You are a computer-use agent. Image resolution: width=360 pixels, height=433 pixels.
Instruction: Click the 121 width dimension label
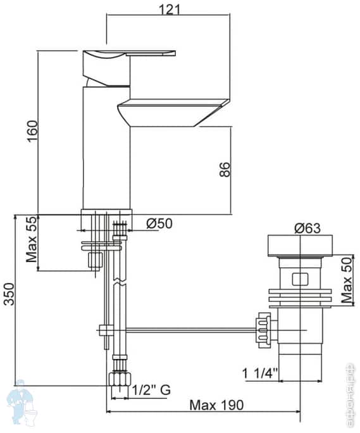pyautogui.click(x=170, y=9)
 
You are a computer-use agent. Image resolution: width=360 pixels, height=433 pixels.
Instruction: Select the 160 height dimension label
pyautogui.click(x=32, y=131)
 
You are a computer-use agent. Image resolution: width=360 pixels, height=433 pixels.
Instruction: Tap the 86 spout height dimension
pyautogui.click(x=225, y=170)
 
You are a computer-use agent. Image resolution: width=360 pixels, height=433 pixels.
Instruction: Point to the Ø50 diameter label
pyautogui.click(x=159, y=223)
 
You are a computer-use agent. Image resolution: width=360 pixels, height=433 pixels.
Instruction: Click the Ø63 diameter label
pyautogui.click(x=307, y=229)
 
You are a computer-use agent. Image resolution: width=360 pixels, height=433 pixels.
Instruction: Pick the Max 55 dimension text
pyautogui.click(x=31, y=239)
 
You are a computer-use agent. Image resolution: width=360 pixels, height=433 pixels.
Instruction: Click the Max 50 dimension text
pyautogui.click(x=347, y=280)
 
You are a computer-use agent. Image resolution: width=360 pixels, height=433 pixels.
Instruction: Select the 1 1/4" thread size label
pyautogui.click(x=259, y=373)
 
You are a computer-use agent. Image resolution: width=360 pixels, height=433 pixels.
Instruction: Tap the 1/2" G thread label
pyautogui.click(x=151, y=390)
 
